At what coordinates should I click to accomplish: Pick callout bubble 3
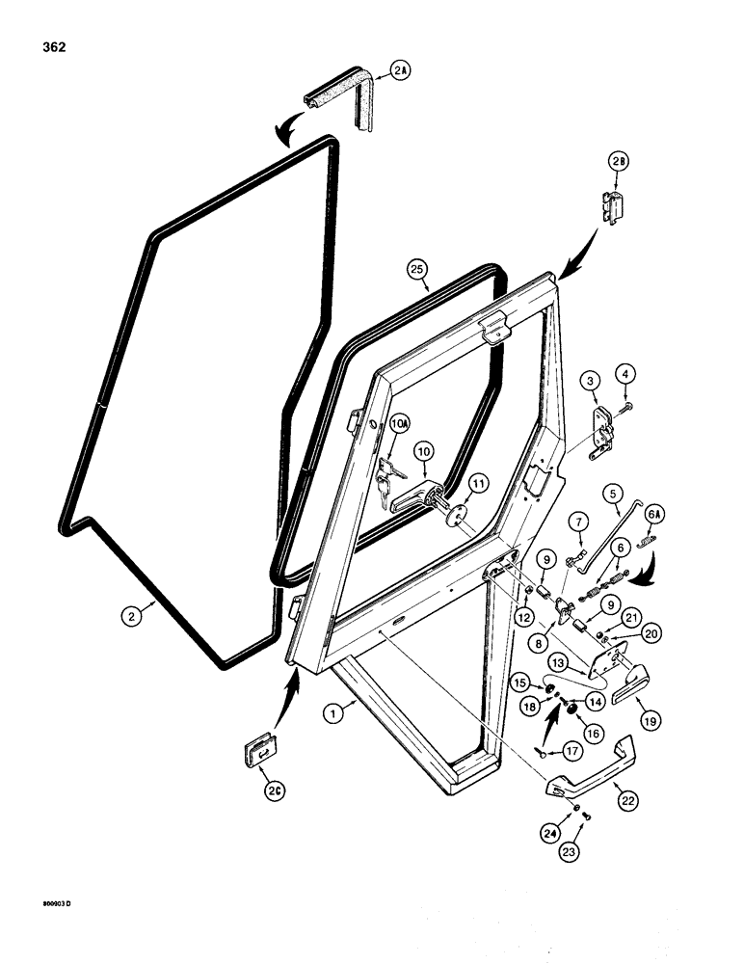click(586, 384)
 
